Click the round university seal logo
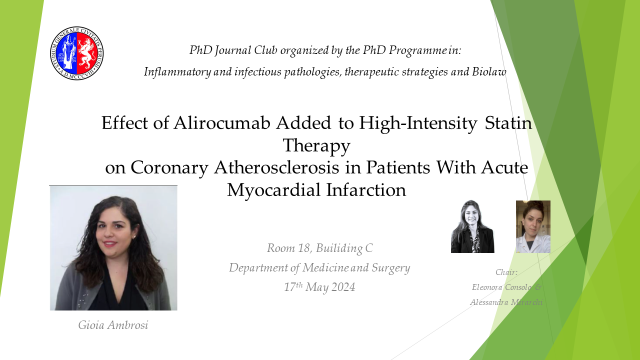coord(77,53)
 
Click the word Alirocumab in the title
coord(221,123)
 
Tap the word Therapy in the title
coord(316,145)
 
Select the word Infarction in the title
coord(366,190)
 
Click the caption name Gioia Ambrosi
coord(113,325)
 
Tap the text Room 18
coord(288,248)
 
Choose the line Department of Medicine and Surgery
coord(319,268)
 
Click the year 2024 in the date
coord(343,287)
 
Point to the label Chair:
coord(506,272)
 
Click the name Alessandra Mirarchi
coord(506,302)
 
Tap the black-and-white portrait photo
coord(472,226)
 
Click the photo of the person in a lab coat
coord(533,226)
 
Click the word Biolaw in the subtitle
coord(489,71)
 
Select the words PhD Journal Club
coord(233,50)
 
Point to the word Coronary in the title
coord(169,168)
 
